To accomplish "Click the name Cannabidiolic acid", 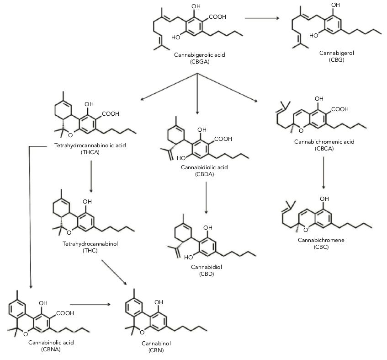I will (x=204, y=167).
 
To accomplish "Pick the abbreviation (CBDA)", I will (x=204, y=174).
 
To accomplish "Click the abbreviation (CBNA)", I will (x=44, y=350).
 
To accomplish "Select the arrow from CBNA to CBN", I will (x=90, y=303).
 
